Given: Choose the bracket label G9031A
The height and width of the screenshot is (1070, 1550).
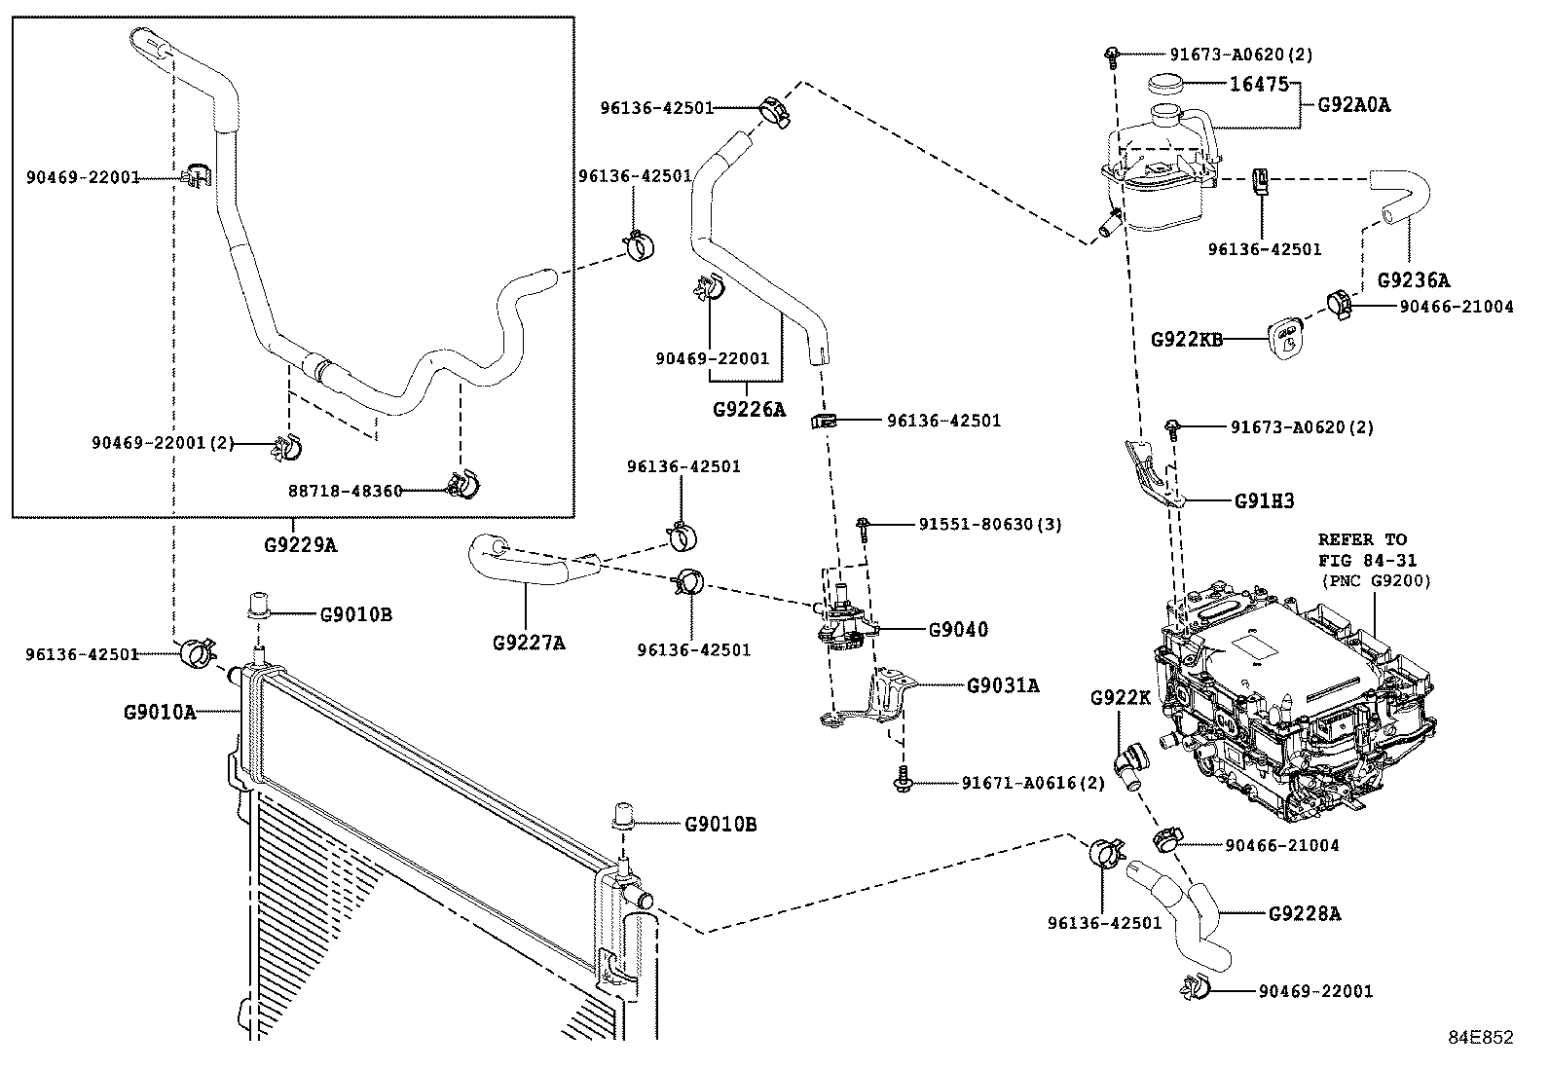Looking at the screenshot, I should tap(1003, 685).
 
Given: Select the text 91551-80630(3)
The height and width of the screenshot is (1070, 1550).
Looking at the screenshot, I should tap(989, 524).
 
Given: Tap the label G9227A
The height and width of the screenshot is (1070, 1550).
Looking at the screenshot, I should tap(528, 642).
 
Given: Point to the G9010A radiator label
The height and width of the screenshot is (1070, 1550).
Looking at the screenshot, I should tap(159, 712).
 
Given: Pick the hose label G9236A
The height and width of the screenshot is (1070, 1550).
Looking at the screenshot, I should tap(1413, 280).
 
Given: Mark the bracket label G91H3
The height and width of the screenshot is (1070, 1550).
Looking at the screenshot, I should tap(1264, 500).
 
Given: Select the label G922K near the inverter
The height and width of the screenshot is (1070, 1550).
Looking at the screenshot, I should tap(1120, 697).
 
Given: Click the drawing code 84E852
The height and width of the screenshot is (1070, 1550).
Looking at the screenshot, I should tap(1480, 1038).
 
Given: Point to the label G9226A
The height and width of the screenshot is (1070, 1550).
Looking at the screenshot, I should tap(748, 409).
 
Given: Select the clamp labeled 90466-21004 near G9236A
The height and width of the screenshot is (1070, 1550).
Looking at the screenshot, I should tap(1342, 305).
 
